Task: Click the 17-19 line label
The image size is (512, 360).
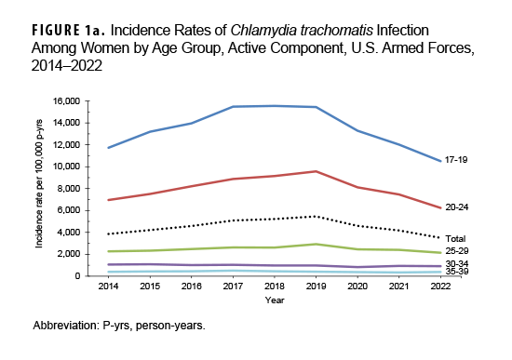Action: [x=456, y=160]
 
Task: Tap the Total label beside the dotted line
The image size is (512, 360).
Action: [x=455, y=239]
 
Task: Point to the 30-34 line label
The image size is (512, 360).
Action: [x=456, y=265]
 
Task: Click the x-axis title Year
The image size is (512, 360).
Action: [x=275, y=300]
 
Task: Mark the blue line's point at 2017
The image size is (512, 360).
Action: [x=234, y=107]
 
